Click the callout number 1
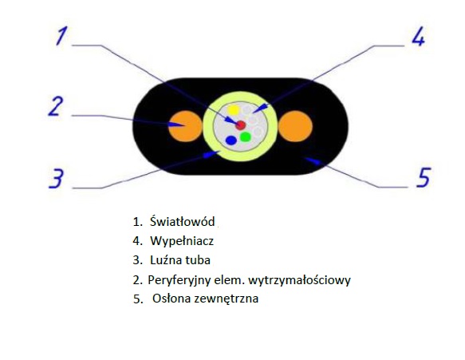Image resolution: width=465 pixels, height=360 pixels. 61,36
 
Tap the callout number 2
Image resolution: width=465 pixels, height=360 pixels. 56,106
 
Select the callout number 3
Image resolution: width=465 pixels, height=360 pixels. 57,178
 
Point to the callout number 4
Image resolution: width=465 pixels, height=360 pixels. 418,36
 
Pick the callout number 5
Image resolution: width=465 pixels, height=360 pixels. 424,177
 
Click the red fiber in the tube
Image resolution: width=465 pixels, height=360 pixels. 241,125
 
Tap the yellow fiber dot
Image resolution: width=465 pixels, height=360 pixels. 233,110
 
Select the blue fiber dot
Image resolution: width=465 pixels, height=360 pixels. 231,140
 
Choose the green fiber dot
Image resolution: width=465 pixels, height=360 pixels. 246,136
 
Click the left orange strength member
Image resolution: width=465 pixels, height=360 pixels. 185,126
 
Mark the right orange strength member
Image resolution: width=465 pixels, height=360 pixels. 295,126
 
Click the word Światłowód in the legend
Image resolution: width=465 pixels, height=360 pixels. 182,221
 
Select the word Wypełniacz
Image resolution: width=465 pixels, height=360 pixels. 182,241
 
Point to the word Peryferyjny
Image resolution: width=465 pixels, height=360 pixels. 179,280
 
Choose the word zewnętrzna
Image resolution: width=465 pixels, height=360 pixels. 226,299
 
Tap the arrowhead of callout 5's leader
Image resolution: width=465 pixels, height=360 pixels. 313,160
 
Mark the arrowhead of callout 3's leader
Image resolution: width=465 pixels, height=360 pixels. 211,154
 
